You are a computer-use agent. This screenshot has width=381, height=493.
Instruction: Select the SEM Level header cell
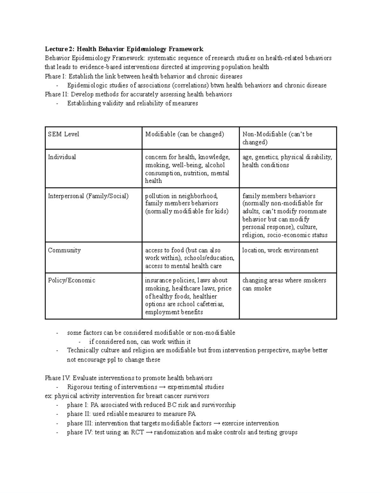tap(63, 134)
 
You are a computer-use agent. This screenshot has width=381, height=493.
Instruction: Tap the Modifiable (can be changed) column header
tap(184, 134)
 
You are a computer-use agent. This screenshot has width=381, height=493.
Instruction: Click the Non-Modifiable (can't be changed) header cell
tap(277, 138)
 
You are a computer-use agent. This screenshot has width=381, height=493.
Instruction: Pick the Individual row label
tap(62, 157)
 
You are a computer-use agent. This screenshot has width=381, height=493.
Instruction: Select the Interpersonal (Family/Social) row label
tap(88, 196)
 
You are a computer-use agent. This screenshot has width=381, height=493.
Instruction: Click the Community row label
tap(64, 250)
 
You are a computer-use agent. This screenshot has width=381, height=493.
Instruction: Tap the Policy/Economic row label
tap(71, 281)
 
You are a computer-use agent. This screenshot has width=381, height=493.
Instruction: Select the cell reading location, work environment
tap(280, 250)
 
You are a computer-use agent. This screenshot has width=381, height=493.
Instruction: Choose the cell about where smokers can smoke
tap(284, 284)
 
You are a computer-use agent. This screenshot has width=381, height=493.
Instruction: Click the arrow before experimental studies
tap(162, 387)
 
